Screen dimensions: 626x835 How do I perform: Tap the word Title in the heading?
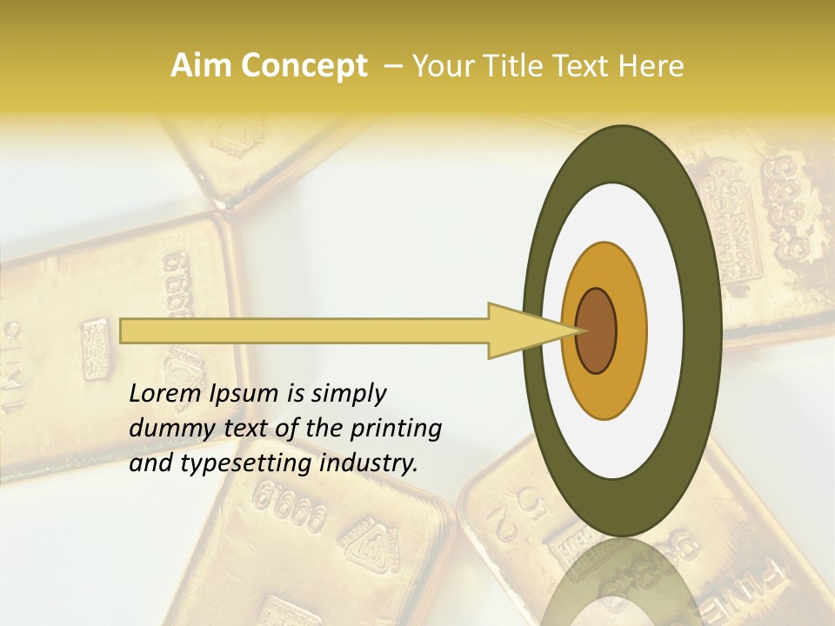pos(513,66)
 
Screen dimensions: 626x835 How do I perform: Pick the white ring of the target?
pos(665,330)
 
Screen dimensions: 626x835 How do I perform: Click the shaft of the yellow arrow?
pos(304,330)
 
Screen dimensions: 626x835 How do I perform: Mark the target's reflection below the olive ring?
pos(622,583)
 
